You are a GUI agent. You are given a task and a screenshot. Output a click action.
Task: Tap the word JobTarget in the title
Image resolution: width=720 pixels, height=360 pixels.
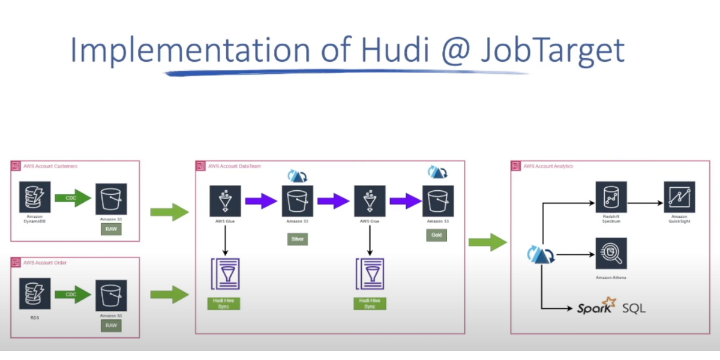(553, 50)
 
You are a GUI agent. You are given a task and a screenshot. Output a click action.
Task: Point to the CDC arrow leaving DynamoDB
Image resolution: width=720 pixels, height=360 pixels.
(73, 198)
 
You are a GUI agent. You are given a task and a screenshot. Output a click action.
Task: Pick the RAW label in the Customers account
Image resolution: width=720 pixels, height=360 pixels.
(111, 229)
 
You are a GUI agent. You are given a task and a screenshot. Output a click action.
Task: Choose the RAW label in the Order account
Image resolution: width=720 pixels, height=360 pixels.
(111, 325)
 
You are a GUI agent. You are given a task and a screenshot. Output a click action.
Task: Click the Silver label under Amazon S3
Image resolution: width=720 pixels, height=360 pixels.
(298, 239)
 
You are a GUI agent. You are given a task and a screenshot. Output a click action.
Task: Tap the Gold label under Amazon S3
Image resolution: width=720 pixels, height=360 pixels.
(436, 235)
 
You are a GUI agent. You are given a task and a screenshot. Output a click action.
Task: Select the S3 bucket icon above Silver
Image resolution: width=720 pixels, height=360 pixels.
(298, 201)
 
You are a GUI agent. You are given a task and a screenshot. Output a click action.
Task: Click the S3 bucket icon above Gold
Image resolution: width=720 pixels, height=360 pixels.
(438, 201)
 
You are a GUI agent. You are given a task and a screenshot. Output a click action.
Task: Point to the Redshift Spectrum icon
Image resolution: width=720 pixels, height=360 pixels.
(611, 197)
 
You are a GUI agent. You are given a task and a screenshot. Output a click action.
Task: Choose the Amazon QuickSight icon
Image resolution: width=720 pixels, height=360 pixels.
(679, 197)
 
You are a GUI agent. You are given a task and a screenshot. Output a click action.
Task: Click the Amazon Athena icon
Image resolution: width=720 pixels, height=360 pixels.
(611, 254)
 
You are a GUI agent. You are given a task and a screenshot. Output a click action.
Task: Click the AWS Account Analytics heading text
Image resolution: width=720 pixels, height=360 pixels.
(548, 166)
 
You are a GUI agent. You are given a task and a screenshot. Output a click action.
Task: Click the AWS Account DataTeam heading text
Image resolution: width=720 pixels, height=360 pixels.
(234, 166)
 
